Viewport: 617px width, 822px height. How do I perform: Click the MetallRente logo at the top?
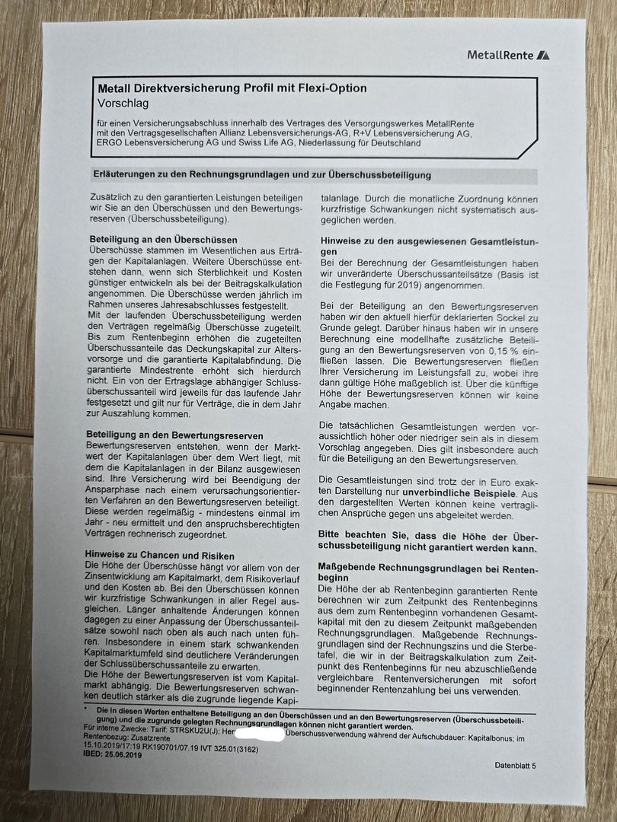tap(508, 55)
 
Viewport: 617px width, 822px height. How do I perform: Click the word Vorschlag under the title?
tap(123, 102)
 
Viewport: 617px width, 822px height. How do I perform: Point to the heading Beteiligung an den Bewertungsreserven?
tap(177, 435)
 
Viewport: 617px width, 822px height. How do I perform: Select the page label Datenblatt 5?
tap(515, 766)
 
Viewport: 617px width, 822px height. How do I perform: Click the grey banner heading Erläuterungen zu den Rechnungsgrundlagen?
tap(261, 175)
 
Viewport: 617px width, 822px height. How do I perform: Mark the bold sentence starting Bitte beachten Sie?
tap(429, 542)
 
